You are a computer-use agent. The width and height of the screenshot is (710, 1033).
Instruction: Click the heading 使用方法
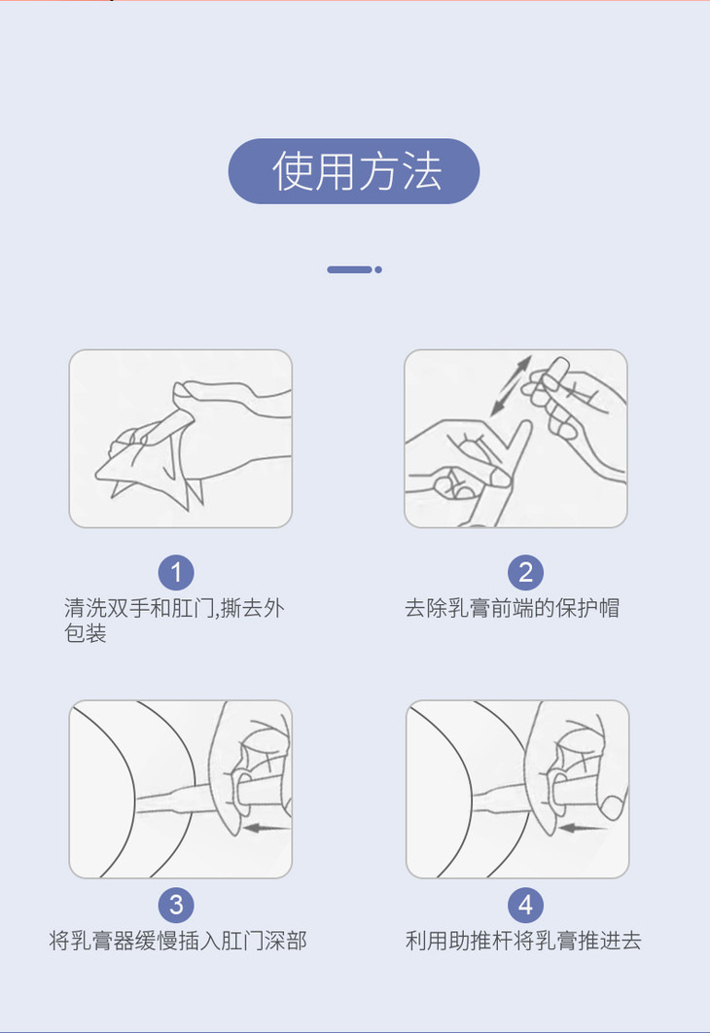[356, 171]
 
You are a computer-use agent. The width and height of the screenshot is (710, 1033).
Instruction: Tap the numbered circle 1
[176, 573]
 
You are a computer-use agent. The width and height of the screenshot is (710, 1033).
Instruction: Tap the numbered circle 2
[525, 573]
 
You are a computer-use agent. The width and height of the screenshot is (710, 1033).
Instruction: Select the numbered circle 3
[176, 906]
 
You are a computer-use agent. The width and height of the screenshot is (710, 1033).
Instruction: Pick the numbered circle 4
[525, 906]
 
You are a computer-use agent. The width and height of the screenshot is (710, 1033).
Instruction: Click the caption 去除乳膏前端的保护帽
[512, 608]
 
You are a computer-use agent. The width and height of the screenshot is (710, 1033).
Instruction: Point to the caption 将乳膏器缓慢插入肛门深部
[178, 941]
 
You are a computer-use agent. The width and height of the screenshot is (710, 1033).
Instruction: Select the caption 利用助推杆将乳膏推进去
[523, 941]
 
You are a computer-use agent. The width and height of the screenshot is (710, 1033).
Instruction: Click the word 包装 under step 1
[86, 633]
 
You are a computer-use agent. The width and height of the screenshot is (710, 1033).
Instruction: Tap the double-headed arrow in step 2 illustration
[511, 385]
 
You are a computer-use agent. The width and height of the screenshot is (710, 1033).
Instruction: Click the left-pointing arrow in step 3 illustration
[266, 827]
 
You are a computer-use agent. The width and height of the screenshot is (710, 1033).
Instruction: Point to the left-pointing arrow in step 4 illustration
[583, 827]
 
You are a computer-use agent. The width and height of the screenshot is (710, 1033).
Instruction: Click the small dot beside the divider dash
[378, 269]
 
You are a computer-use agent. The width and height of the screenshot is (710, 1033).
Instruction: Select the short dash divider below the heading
[350, 269]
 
